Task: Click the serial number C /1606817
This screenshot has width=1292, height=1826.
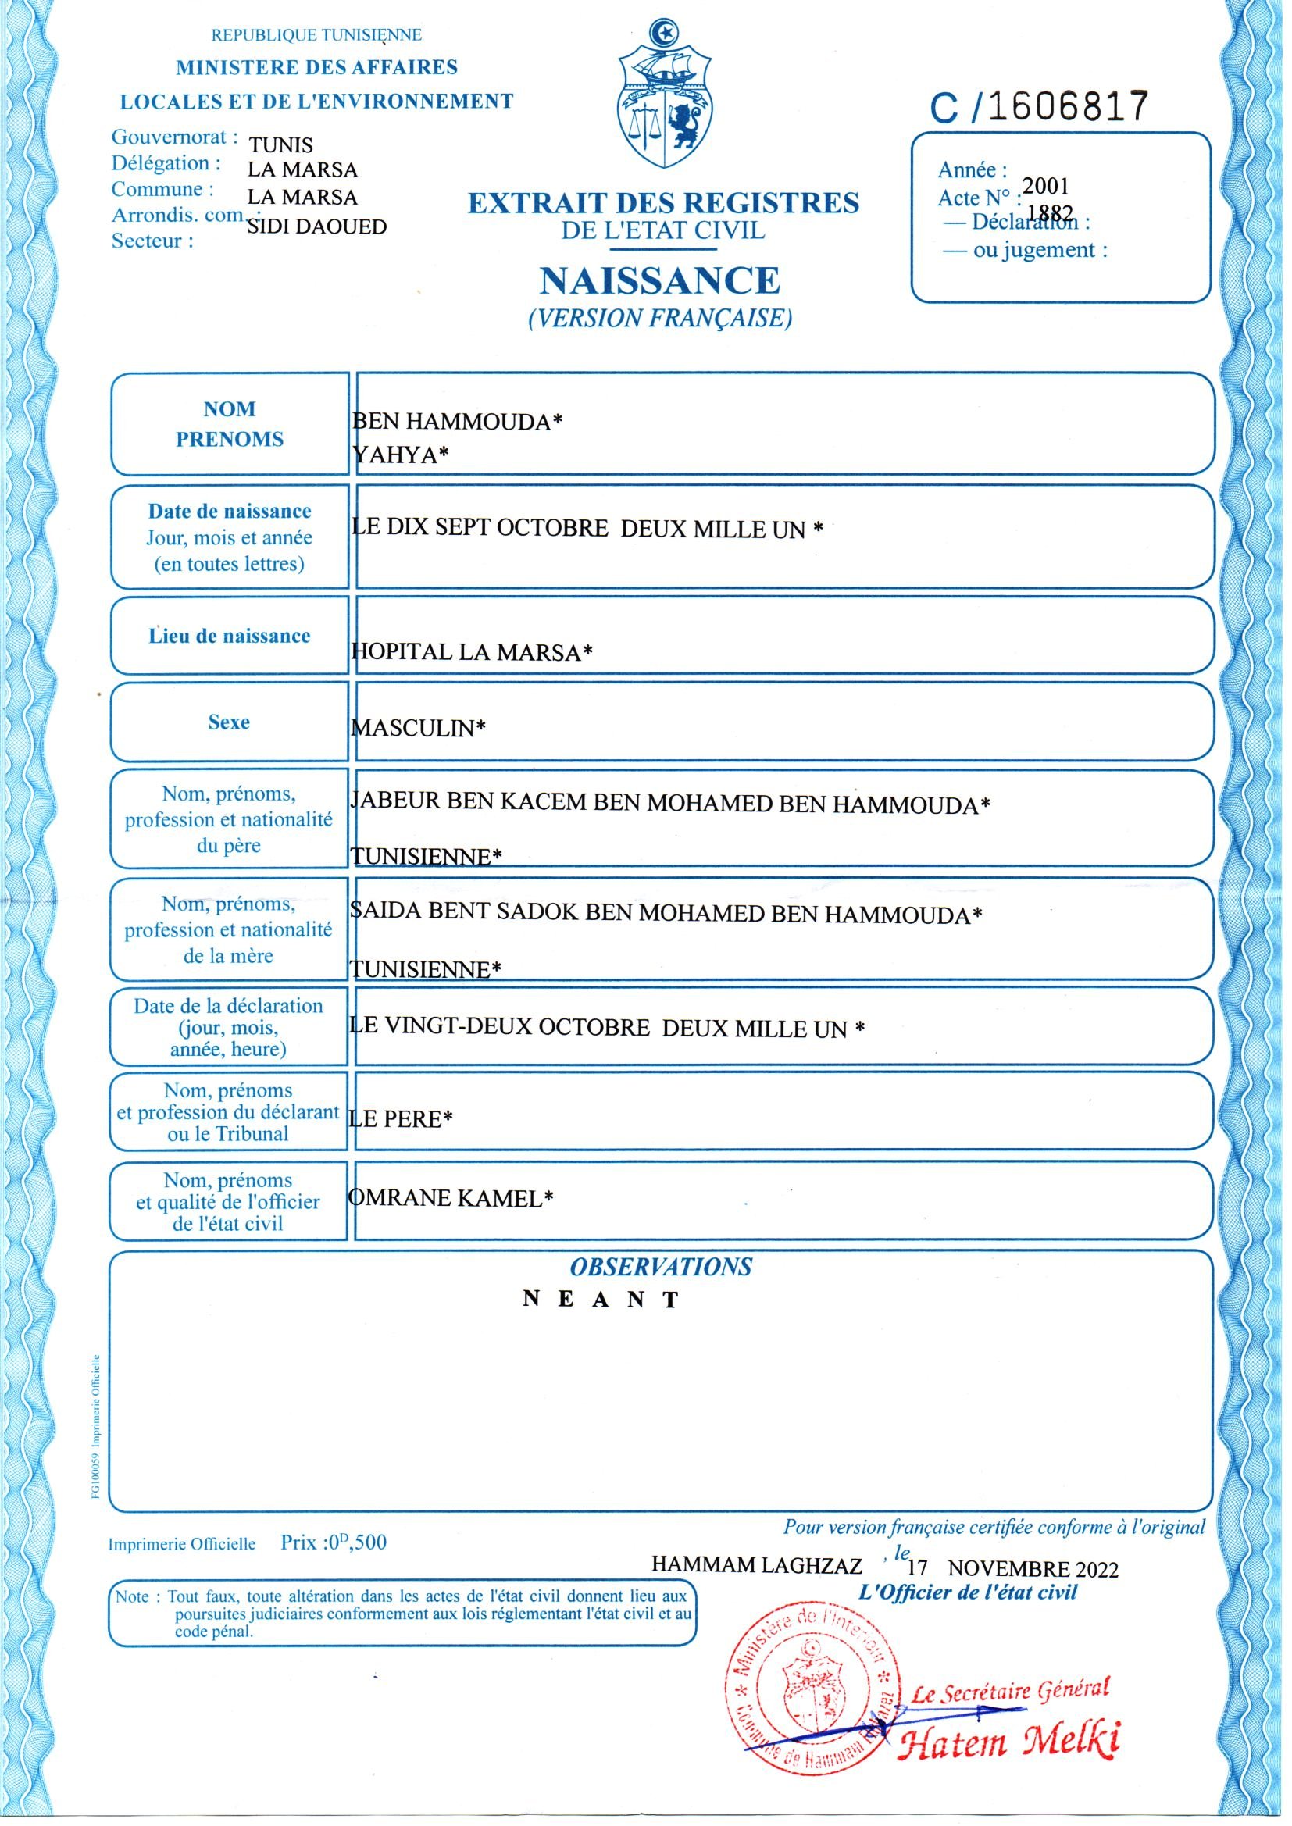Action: (1039, 108)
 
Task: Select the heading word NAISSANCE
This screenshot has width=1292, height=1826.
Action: (659, 280)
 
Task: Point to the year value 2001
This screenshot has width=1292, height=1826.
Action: (1045, 186)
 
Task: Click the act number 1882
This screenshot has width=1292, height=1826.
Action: (1050, 212)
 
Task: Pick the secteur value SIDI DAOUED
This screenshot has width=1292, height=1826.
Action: (316, 227)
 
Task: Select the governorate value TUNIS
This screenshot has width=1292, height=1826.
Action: (281, 144)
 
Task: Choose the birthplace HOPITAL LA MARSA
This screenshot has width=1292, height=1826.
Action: (472, 652)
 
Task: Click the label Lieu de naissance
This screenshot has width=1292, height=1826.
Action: (229, 637)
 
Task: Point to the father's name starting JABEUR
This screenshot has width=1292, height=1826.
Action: (670, 804)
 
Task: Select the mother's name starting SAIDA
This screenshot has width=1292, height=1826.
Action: (666, 914)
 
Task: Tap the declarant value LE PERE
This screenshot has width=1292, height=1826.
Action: (401, 1119)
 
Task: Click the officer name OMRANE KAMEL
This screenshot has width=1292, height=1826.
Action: (450, 1198)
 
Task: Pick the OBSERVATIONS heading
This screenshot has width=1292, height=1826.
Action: (660, 1267)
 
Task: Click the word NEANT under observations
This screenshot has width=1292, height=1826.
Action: (601, 1300)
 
